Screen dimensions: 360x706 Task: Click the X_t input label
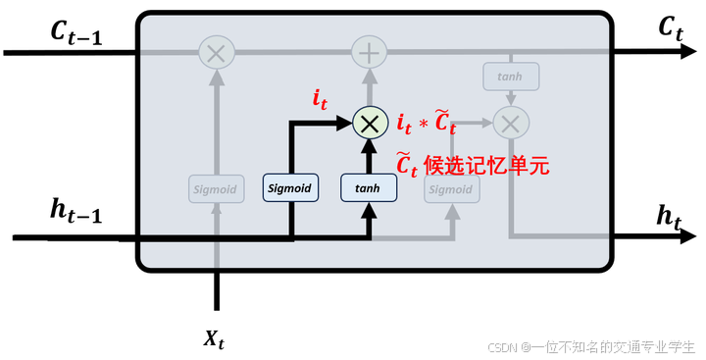tap(215, 339)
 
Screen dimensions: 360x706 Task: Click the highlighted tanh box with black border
tap(368, 187)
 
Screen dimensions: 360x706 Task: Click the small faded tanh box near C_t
tap(509, 76)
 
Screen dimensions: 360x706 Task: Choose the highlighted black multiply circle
tap(369, 123)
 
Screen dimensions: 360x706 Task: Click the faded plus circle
tap(369, 52)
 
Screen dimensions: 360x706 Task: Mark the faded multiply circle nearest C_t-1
tap(215, 52)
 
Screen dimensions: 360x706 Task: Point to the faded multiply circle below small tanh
tap(510, 123)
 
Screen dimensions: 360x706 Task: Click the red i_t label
tap(320, 98)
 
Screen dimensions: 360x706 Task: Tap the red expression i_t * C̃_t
tap(427, 124)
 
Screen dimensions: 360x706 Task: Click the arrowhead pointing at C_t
tap(686, 52)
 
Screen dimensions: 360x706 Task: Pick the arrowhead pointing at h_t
tap(686, 236)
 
